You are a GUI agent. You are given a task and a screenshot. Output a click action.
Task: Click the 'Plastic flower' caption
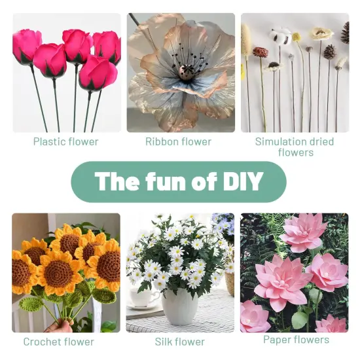(x=66, y=141)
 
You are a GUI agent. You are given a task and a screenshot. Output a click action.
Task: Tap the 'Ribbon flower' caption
(x=179, y=141)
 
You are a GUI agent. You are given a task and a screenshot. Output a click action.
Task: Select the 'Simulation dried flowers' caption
(x=294, y=147)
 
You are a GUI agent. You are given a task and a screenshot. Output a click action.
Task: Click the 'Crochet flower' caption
(x=59, y=341)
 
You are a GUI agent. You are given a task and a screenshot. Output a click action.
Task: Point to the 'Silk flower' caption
(x=179, y=341)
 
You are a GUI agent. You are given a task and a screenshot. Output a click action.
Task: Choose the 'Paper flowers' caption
(x=296, y=339)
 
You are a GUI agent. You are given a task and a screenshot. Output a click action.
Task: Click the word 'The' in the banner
(x=116, y=181)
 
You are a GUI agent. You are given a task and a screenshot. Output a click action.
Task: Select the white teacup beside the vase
(x=142, y=297)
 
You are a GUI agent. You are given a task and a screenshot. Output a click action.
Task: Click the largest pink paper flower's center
(x=282, y=285)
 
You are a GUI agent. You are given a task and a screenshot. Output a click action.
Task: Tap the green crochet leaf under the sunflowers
(x=31, y=304)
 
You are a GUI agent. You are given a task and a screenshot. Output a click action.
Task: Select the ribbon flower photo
(x=181, y=72)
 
